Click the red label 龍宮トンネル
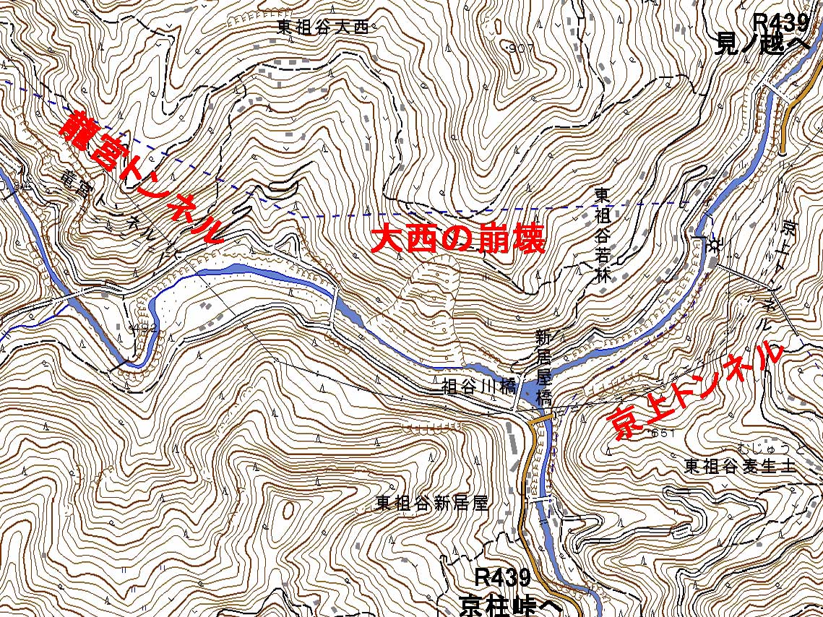coord(141,177)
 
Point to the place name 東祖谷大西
coord(323,27)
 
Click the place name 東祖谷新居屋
coord(432,504)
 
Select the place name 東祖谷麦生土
coord(740,466)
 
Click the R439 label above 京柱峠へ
coord(504,578)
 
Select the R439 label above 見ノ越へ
coord(780,23)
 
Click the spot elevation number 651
coord(662,433)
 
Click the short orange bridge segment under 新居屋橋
coord(542,417)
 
